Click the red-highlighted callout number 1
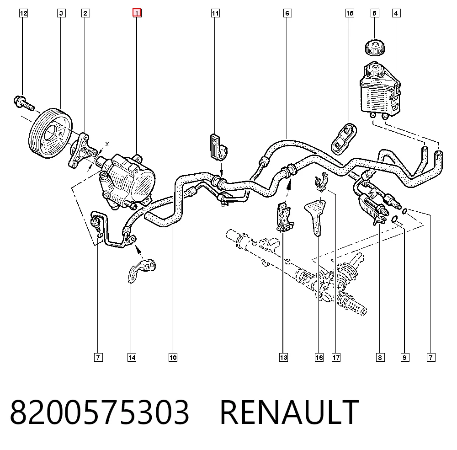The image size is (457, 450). pos(137,13)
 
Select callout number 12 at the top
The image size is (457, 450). pos(24,13)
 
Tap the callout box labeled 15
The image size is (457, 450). pos(350,13)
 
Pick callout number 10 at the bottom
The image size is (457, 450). pos(173,358)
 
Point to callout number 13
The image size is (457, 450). pos(283,358)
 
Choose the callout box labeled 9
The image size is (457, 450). pos(404,358)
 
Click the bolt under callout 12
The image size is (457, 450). pos(24,103)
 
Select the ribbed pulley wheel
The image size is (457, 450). pos(50,133)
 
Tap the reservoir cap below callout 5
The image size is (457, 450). pos(375,48)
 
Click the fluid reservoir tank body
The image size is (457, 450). pos(380,90)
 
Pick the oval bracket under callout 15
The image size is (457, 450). pos(344,139)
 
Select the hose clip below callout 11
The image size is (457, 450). pos(218,148)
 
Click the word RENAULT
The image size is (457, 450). pos(289,412)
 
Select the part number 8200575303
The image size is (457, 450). pos(100,412)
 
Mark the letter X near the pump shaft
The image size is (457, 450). pos(107,144)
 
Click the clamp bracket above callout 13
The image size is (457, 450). pos(284,218)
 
